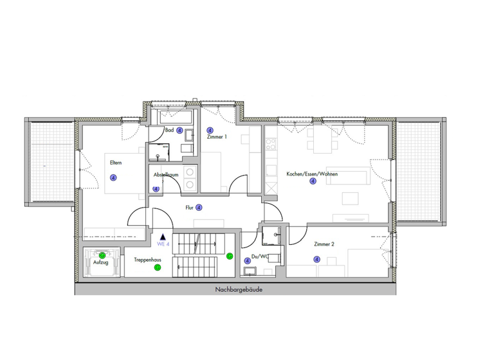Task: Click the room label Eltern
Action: [115, 163]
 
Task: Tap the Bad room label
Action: [170, 130]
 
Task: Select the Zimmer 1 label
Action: [216, 138]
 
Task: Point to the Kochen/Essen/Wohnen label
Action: [312, 174]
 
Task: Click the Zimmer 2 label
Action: [324, 244]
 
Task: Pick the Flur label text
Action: [190, 208]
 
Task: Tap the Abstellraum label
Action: [165, 175]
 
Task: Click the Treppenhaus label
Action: [147, 260]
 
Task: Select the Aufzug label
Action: [100, 262]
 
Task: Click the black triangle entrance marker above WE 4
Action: [163, 237]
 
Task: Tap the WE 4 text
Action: [163, 245]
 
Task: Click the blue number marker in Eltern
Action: [113, 178]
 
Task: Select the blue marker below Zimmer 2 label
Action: [316, 259]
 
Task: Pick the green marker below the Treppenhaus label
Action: [158, 268]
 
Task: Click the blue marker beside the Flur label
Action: [199, 208]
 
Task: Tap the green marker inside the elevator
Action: [102, 255]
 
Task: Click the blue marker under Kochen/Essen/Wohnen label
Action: [313, 181]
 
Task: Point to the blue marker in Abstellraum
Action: [156, 189]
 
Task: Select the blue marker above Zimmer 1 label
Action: [210, 130]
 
